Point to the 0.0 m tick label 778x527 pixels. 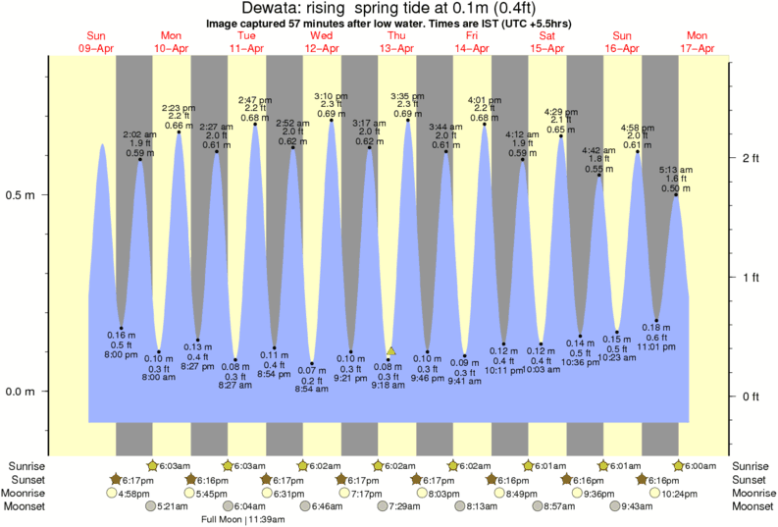click(x=21, y=392)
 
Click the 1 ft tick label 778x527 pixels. click(x=752, y=278)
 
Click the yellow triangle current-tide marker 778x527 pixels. click(x=391, y=350)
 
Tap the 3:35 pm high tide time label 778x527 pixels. click(x=407, y=96)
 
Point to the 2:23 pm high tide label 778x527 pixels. click(x=178, y=108)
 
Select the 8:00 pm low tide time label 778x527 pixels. click(x=122, y=353)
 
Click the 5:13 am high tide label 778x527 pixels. click(x=676, y=169)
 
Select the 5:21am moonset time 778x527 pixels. click(x=173, y=506)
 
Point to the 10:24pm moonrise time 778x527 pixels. click(x=665, y=493)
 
